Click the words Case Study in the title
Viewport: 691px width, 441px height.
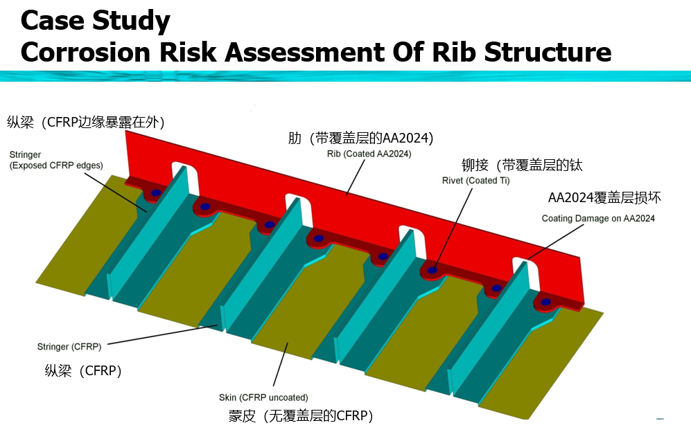point(95,21)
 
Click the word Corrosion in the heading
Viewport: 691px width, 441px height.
point(89,53)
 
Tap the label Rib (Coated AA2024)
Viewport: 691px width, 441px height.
point(369,154)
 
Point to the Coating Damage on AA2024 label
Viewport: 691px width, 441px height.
point(597,219)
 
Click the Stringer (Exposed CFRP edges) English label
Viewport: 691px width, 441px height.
point(56,160)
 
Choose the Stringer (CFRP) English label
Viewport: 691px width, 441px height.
point(69,346)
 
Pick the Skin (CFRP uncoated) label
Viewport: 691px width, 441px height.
point(263,397)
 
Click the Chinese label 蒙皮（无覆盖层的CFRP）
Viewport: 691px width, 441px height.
point(301,416)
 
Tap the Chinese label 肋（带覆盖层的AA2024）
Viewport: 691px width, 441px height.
point(360,138)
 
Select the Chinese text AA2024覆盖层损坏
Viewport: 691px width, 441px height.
point(604,198)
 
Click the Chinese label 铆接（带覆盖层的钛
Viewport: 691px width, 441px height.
point(523,165)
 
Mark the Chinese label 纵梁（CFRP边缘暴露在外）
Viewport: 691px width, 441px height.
point(86,123)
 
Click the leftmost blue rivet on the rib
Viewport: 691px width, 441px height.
point(156,192)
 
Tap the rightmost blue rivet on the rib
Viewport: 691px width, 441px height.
point(546,302)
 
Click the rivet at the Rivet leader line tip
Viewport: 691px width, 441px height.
point(432,270)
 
